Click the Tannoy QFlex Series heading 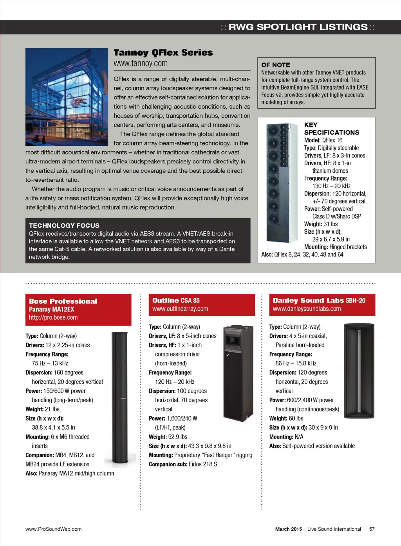tap(163, 53)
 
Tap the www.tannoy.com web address tap(141, 63)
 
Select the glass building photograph tap(67, 97)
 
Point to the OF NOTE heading tap(276, 65)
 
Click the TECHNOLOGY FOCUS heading tap(64, 226)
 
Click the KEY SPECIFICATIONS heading tap(331, 129)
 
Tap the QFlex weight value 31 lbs tap(331, 224)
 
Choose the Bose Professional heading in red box tap(63, 301)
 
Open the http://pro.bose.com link tap(53, 317)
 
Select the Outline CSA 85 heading tap(176, 301)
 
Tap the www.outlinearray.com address tap(180, 309)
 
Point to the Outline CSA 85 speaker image tap(238, 372)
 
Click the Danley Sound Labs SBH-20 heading tap(319, 301)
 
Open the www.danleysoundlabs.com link tap(307, 309)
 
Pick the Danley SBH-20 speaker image tap(359, 371)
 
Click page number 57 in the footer tap(372, 529)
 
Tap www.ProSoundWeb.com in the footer tap(54, 529)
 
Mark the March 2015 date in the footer tap(288, 529)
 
